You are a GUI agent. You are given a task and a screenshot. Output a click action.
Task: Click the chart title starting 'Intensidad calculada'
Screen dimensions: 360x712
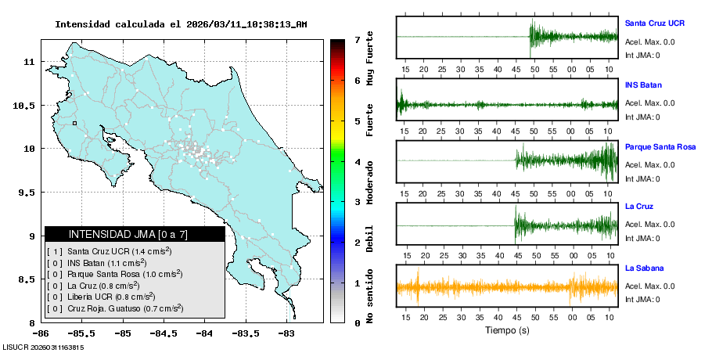(181, 24)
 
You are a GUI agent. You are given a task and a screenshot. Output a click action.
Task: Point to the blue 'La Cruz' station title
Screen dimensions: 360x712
(640, 207)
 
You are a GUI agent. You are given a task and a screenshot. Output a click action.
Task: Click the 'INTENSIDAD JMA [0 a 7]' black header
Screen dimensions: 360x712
(135, 234)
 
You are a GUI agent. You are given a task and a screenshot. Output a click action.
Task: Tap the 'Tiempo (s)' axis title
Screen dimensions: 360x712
(507, 330)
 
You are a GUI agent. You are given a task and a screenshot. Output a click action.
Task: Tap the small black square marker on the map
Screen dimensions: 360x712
(74, 123)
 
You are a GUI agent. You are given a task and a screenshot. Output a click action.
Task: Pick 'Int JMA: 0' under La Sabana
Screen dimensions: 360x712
(642, 300)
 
